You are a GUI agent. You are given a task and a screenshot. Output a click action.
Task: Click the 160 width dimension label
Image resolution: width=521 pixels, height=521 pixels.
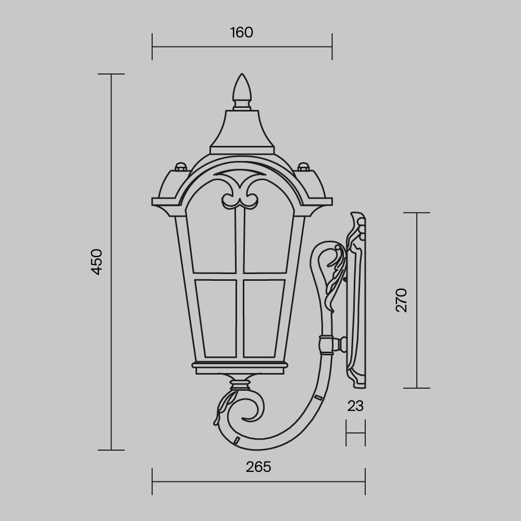[x=241, y=32]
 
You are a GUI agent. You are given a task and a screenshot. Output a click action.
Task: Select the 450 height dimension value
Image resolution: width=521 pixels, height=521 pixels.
[x=97, y=262]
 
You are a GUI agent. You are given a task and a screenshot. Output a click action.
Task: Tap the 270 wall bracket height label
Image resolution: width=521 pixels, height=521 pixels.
[x=401, y=300]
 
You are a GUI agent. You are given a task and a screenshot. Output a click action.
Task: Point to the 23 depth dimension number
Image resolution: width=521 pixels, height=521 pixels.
[x=355, y=406]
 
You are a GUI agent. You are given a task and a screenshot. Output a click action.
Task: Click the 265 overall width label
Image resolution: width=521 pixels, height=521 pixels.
[x=258, y=467]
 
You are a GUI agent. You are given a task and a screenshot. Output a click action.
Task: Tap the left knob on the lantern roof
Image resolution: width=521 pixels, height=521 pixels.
[x=180, y=167]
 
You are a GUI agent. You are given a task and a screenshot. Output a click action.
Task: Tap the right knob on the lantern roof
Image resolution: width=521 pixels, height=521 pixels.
[x=303, y=167]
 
